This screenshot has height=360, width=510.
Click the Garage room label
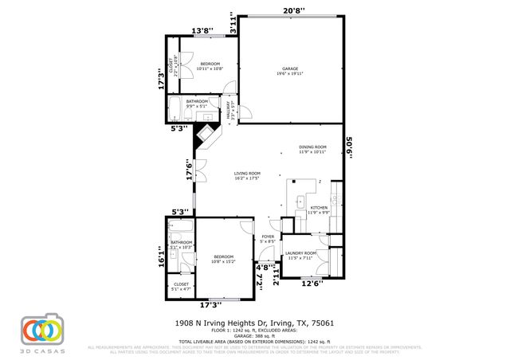[x=289, y=70]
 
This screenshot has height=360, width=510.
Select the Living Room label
[x=247, y=175]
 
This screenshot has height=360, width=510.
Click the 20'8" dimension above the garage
[x=293, y=10]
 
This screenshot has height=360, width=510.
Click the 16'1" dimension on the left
[x=161, y=258]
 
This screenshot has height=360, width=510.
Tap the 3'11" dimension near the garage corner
[x=232, y=19]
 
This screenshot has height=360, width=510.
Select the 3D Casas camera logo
[x=41, y=330]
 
